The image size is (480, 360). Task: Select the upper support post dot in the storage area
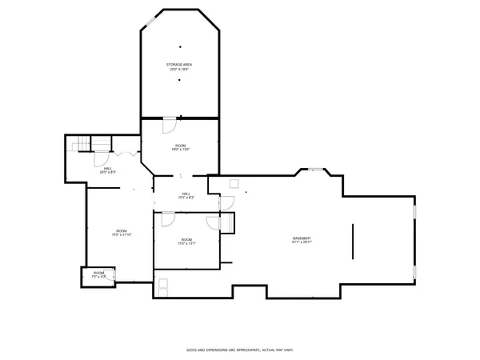(x=179, y=46)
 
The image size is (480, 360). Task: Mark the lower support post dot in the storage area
(x=179, y=80)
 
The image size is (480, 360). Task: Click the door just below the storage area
(x=169, y=126)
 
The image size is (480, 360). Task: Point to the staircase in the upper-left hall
(x=80, y=144)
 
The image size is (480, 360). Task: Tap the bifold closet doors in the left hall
(x=122, y=153)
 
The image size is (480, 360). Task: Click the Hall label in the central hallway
(x=186, y=195)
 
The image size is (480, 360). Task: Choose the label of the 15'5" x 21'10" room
(x=121, y=233)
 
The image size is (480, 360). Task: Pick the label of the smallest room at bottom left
(x=98, y=274)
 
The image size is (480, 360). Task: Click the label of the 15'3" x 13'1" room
(x=186, y=242)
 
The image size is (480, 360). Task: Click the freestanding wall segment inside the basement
(x=353, y=241)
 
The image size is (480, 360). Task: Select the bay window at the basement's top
(x=317, y=169)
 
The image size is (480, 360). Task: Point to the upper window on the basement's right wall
(x=414, y=212)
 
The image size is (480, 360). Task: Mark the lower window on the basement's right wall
(x=414, y=272)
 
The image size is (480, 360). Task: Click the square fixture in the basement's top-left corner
(x=234, y=184)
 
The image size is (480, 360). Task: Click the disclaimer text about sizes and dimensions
(x=240, y=350)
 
